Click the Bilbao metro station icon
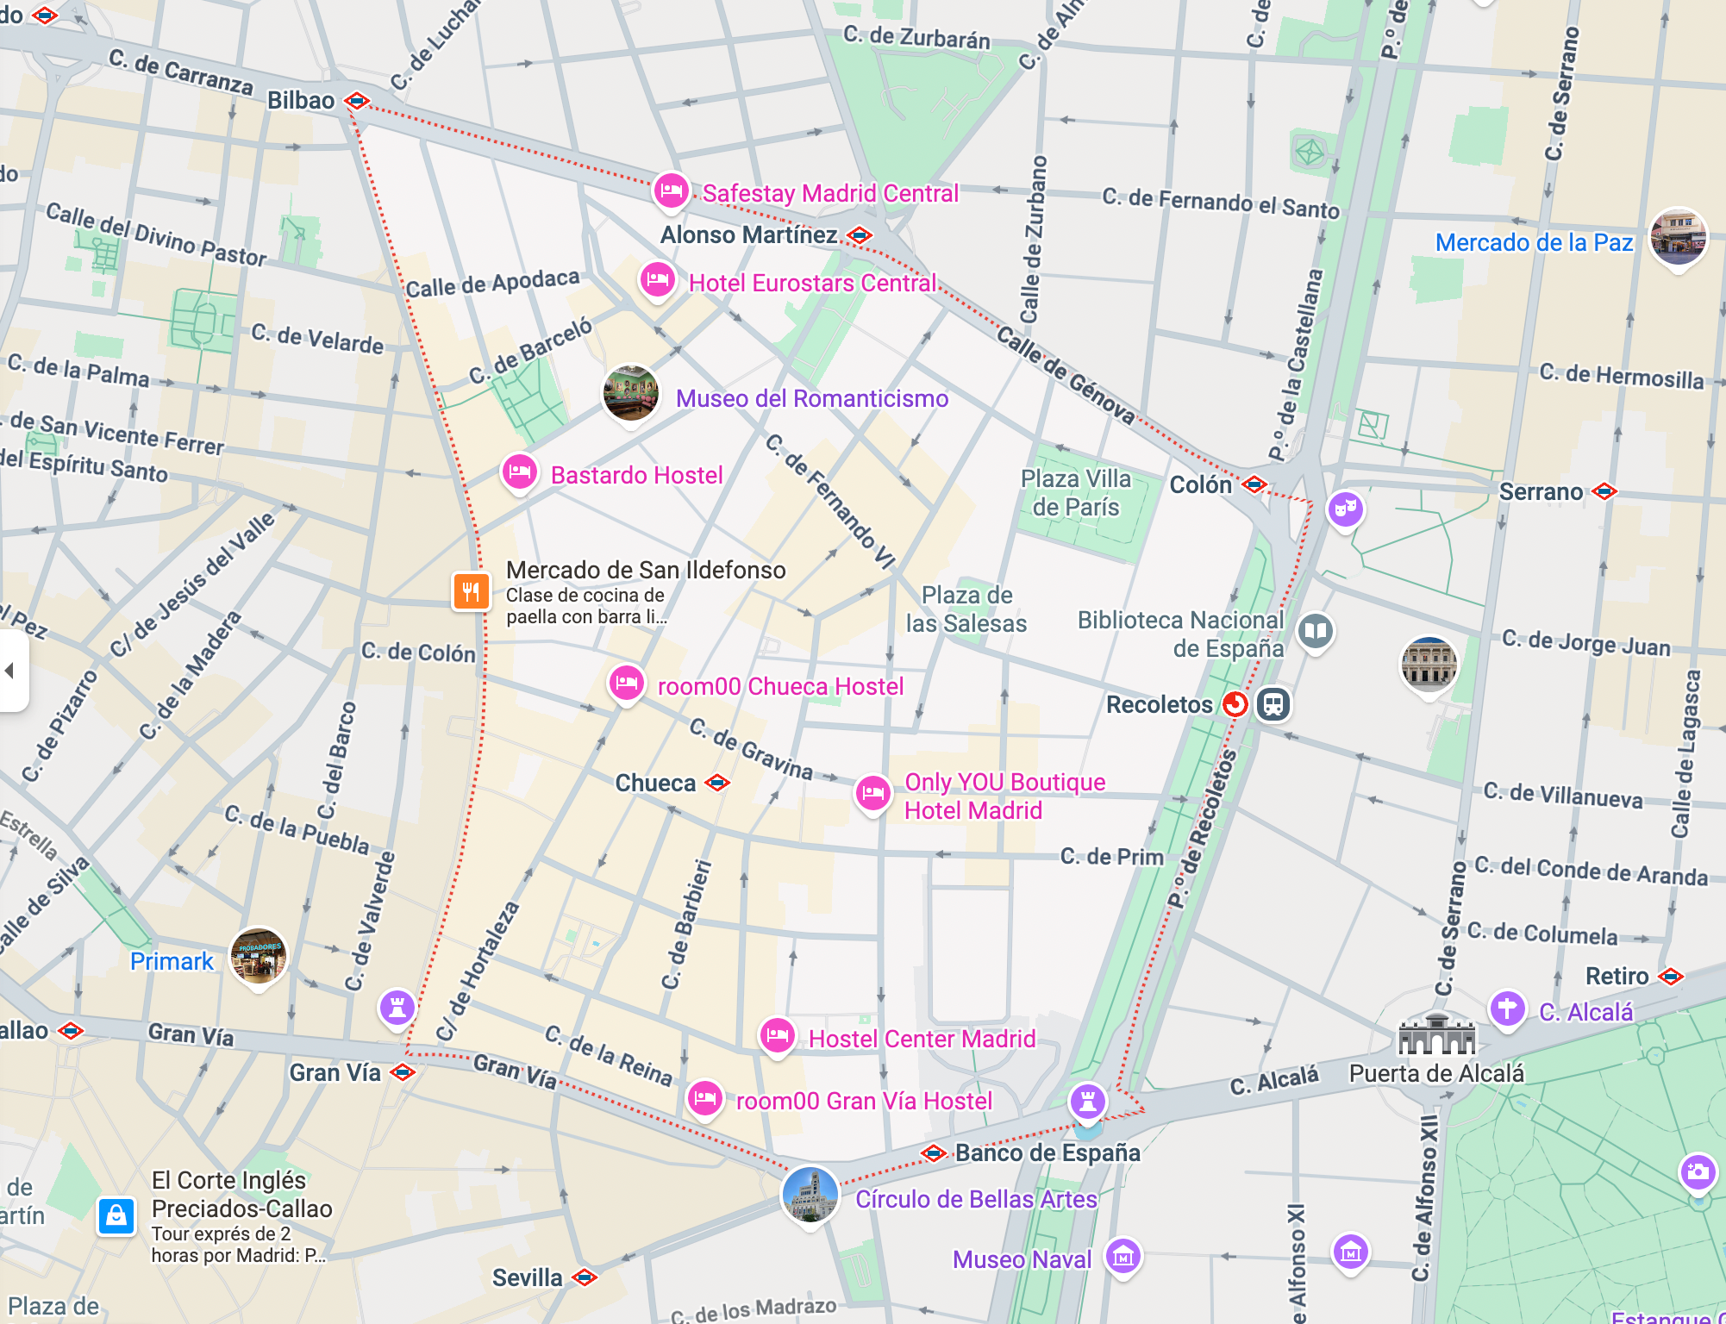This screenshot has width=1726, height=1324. [357, 101]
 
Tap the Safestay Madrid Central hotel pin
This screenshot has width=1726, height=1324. [671, 190]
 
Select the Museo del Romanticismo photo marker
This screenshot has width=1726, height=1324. [630, 392]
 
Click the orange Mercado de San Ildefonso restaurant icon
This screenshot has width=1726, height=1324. [471, 591]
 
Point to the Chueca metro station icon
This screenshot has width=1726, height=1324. [717, 783]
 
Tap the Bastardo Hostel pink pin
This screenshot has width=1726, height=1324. [520, 472]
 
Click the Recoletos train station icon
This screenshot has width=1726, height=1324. [1273, 704]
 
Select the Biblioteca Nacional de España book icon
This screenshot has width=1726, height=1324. [1315, 631]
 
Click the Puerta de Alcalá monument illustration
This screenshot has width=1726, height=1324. [1436, 1034]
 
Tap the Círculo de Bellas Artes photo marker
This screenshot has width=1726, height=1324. [810, 1194]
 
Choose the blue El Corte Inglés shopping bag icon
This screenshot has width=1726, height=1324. [116, 1216]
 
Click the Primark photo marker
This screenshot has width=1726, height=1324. [259, 956]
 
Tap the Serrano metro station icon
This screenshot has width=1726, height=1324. [1604, 491]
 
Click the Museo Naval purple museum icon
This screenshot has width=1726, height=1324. [1123, 1257]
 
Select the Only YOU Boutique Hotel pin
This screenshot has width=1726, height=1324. [872, 791]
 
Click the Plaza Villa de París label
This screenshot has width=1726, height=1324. [1075, 492]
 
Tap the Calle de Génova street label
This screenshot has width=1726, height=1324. [1066, 373]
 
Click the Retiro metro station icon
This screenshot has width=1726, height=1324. [1671, 976]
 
